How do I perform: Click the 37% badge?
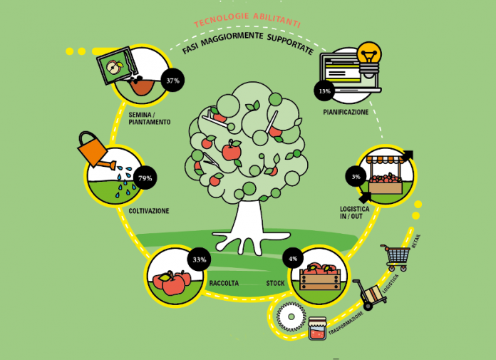172,81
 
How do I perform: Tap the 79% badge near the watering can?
145,178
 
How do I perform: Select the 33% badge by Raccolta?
199,259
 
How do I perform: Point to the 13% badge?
325,91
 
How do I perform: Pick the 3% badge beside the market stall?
355,176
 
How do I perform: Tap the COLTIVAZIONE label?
149,211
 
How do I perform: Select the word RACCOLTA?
223,284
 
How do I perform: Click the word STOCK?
276,284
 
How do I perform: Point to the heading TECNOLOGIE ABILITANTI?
247,22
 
